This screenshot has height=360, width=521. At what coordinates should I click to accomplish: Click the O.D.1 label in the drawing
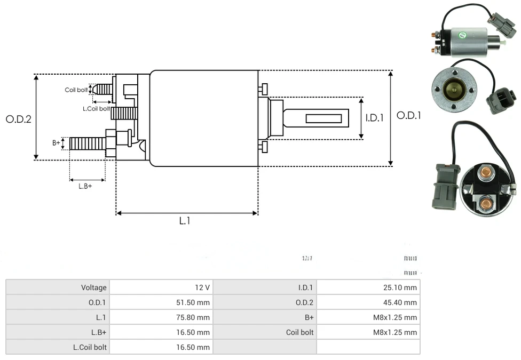click(x=409, y=115)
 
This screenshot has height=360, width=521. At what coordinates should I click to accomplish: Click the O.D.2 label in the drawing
click(x=19, y=119)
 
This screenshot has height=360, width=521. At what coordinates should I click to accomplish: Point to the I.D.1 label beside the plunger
click(x=375, y=118)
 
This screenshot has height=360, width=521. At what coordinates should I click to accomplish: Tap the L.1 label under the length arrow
click(x=185, y=220)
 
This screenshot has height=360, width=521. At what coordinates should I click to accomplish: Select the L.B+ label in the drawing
click(x=85, y=186)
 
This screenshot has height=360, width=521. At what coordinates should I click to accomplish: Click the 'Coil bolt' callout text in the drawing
click(x=76, y=90)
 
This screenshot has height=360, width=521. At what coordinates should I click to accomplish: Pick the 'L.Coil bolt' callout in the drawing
click(x=96, y=109)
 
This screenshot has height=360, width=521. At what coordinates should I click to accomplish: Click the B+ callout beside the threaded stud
click(x=56, y=142)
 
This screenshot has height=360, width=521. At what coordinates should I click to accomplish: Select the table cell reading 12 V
click(x=202, y=287)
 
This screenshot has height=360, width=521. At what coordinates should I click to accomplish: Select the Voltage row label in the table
click(x=94, y=287)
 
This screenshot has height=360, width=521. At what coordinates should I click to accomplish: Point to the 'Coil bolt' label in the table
click(x=299, y=332)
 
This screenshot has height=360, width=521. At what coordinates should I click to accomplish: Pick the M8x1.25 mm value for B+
click(x=394, y=317)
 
